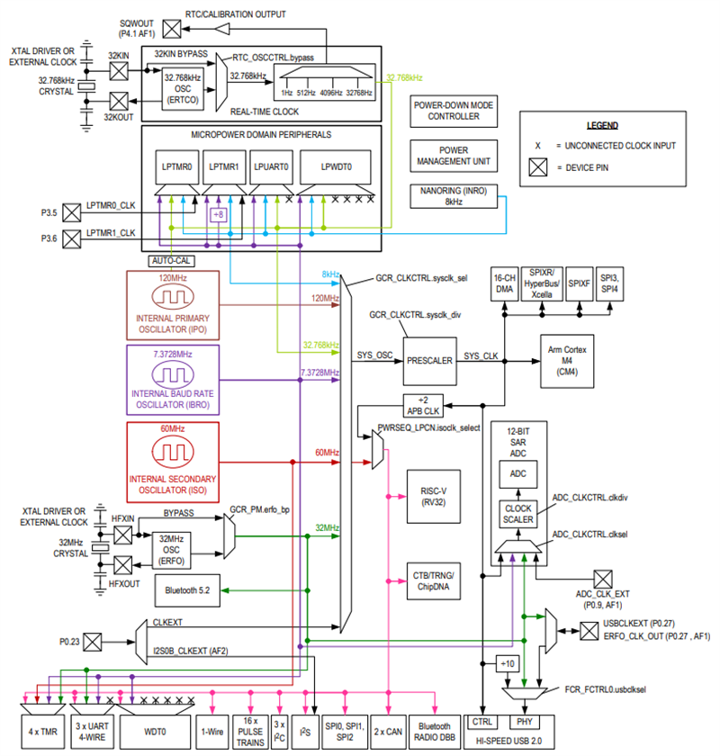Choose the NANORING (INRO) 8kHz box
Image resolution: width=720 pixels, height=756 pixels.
pyautogui.click(x=453, y=196)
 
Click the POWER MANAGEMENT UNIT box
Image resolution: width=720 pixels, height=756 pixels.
pyautogui.click(x=453, y=157)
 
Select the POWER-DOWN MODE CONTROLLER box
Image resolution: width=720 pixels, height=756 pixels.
pyautogui.click(x=453, y=111)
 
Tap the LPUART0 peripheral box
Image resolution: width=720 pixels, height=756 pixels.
pyautogui.click(x=270, y=167)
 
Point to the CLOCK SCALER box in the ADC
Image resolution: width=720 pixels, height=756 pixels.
pyautogui.click(x=517, y=514)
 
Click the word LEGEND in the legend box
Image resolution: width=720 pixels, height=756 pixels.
pyautogui.click(x=609, y=125)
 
